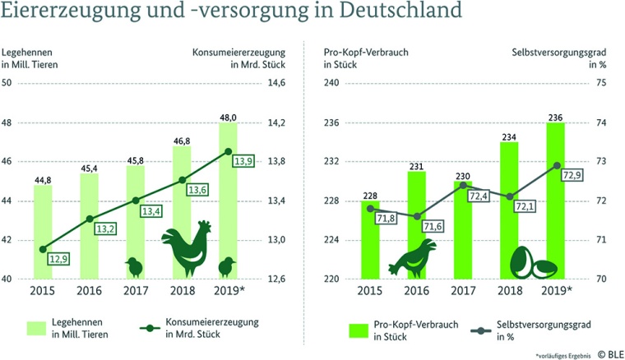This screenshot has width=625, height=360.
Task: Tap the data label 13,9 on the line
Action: pos(243,160)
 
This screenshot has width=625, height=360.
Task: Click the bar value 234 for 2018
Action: pos(510,136)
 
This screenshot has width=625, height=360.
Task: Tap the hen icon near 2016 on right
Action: pos(410,259)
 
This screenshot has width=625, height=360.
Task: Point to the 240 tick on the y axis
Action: pos(331,84)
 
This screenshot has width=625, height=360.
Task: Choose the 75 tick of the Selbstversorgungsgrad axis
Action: pos(601,84)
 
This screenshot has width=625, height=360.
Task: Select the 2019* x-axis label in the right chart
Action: pos(558,290)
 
